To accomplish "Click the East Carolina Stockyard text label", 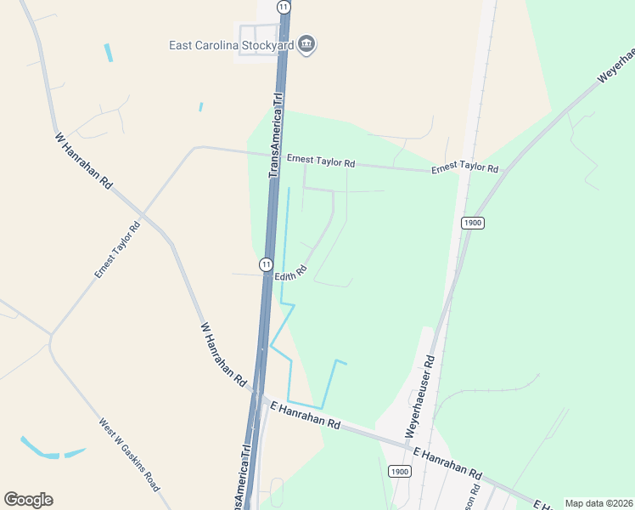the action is pos(230,45).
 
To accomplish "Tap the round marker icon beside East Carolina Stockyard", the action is pos(307,44).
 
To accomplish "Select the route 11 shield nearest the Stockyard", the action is pos(283,6).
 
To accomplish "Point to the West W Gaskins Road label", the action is pos(128,455).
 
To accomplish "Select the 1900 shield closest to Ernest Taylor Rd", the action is pos(473,223).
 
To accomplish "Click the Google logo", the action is pos(28,500).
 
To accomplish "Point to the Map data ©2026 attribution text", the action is pos(598,503).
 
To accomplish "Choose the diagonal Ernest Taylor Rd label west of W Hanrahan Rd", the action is pos(117,251).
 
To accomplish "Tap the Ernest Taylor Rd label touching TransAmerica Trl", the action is pos(320,160).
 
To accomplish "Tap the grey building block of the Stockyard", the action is pos(257,38).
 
